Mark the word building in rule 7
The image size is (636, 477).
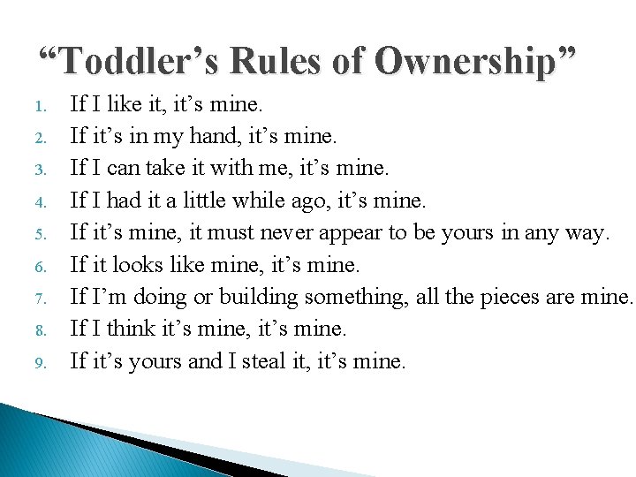click(259, 297)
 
